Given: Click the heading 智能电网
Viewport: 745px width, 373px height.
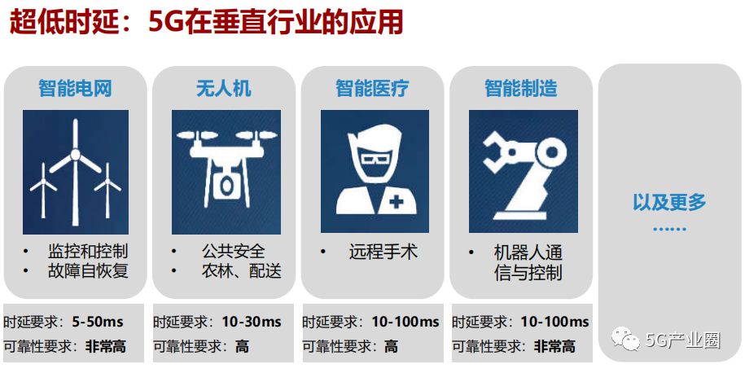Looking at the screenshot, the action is (x=75, y=89).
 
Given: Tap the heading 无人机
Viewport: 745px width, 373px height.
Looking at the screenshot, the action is (x=224, y=89).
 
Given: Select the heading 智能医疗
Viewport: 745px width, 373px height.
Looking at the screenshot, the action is (x=372, y=89).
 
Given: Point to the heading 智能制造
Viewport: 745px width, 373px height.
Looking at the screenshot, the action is (x=521, y=89).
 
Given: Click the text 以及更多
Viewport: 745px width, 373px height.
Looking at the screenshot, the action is (x=669, y=203).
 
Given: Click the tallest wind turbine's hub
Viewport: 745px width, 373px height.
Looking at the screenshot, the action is (x=75, y=155).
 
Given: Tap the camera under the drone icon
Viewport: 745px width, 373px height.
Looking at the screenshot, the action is (x=226, y=184).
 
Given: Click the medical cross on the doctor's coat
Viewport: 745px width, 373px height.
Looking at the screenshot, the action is (x=397, y=202).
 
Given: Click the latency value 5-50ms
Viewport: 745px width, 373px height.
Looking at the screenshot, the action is (x=98, y=323).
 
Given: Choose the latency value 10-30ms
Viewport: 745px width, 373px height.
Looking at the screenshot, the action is (x=252, y=323).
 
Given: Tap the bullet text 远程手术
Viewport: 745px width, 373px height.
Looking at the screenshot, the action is (x=383, y=252).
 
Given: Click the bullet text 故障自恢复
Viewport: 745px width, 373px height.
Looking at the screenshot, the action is (x=88, y=271).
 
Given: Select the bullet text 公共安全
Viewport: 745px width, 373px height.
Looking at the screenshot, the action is (x=234, y=251).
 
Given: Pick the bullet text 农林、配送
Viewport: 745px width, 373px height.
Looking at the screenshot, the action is (x=241, y=271).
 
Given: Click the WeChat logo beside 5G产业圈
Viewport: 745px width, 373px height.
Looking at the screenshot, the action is (x=625, y=338).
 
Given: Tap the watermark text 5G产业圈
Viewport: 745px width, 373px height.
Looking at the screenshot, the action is (x=683, y=340).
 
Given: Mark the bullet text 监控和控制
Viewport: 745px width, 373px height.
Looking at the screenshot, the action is (x=88, y=251).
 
